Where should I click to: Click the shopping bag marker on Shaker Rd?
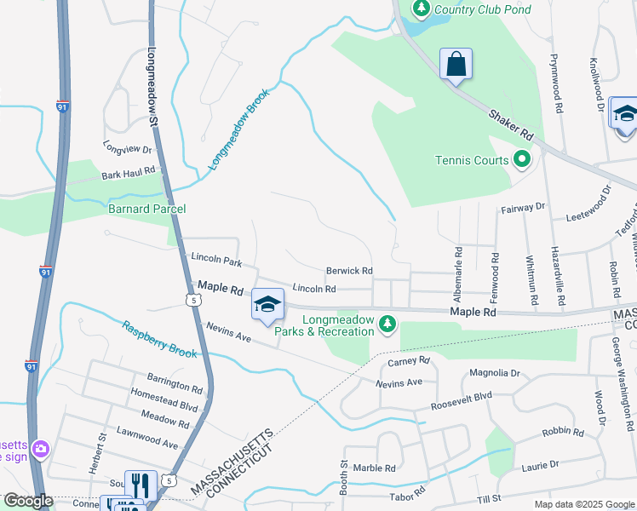456,65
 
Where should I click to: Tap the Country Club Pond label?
482,9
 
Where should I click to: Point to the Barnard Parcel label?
146,209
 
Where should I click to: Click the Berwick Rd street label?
349,271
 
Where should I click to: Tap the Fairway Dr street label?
523,207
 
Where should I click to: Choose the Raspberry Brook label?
159,339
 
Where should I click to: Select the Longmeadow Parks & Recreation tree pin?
387,322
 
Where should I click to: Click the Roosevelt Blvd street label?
460,397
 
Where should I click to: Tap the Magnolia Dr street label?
495,373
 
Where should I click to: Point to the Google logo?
27,501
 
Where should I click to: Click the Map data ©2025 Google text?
583,504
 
